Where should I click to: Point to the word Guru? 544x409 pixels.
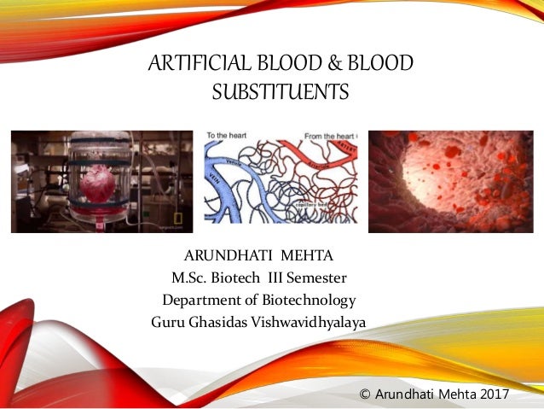(167, 322)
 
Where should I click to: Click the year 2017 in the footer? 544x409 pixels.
(491, 394)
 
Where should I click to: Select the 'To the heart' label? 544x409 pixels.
(229, 136)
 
